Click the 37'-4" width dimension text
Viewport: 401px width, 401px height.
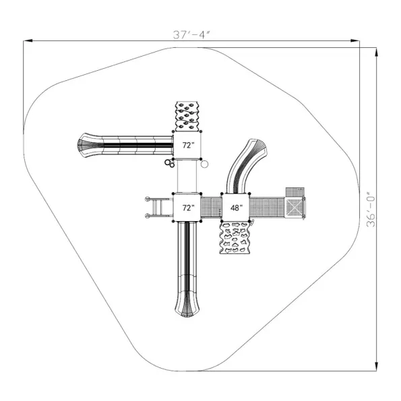191,34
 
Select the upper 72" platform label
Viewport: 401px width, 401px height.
188,145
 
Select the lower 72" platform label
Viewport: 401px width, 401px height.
188,208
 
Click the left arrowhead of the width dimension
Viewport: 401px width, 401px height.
28,40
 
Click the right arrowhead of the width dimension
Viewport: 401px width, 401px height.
355,40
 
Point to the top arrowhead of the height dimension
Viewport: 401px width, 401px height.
376,52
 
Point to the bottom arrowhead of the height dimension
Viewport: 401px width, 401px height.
376,366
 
